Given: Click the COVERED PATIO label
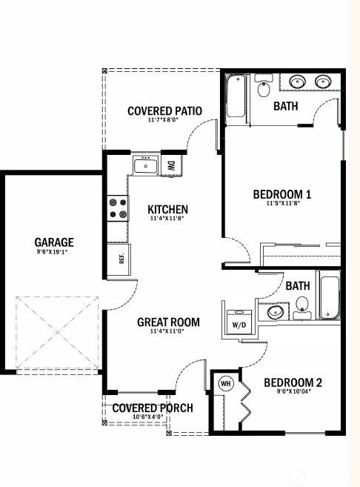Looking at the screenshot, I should click(x=164, y=111).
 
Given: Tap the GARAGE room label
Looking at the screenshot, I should click(x=54, y=242).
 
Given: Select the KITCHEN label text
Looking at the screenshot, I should click(x=167, y=210).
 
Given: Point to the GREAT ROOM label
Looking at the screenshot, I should click(x=168, y=322).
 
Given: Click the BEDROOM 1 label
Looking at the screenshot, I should click(x=281, y=194).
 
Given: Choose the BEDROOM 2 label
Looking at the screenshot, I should click(x=293, y=383).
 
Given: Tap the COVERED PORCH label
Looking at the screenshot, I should click(x=153, y=408).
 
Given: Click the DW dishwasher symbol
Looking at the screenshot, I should click(x=171, y=165).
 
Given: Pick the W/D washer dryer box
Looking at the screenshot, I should click(x=239, y=325).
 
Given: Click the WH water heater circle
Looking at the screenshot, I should click(x=226, y=384).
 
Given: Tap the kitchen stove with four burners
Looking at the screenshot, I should click(x=117, y=208).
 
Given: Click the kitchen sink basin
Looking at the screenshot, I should click(x=145, y=165).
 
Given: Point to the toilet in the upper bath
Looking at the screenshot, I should click(x=263, y=89).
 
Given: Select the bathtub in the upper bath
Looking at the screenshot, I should click(x=236, y=97).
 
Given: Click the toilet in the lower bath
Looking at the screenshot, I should click(x=301, y=304).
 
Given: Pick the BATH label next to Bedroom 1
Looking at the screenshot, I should click(x=286, y=106).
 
